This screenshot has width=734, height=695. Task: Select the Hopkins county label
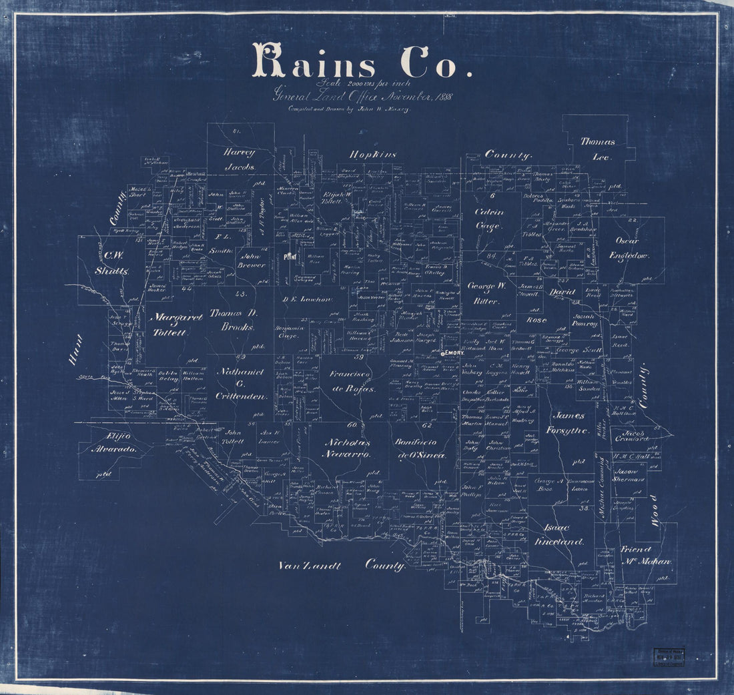click(373, 155)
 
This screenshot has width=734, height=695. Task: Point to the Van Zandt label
click(309, 566)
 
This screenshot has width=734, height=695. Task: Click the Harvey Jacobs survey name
click(240, 159)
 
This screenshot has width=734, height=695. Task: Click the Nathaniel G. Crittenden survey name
click(240, 384)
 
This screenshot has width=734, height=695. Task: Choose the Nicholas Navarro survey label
click(347, 448)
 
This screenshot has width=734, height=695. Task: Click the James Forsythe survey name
click(571, 423)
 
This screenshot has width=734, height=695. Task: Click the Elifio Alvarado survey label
click(113, 443)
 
